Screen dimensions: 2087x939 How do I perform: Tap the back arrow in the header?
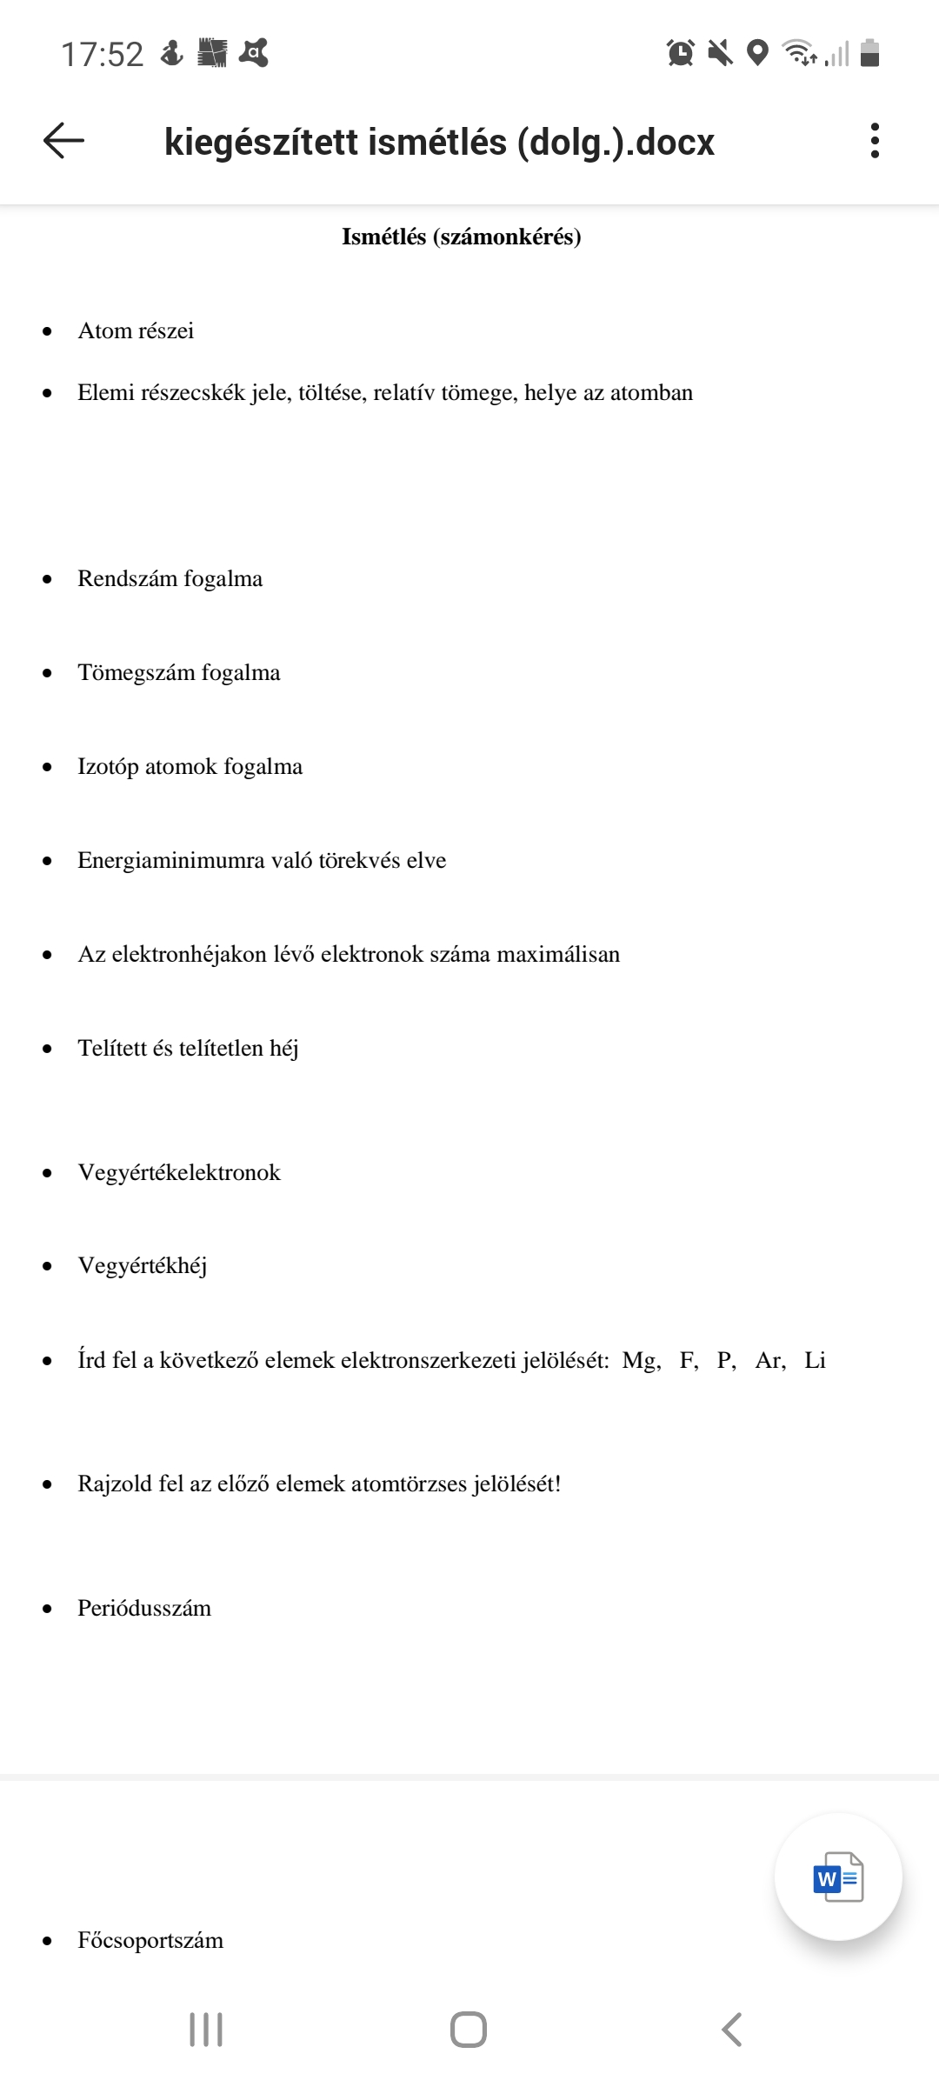(x=63, y=141)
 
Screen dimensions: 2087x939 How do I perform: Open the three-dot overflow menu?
(x=875, y=141)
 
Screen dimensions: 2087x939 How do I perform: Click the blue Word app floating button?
(x=838, y=1877)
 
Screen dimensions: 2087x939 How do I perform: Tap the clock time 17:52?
(x=102, y=55)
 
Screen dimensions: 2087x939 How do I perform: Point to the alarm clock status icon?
(x=681, y=53)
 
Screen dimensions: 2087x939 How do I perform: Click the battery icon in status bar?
(x=869, y=53)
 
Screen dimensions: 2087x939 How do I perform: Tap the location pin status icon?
(x=758, y=53)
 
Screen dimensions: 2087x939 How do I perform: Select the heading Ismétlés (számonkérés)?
(x=461, y=237)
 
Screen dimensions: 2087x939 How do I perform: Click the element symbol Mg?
(x=640, y=1360)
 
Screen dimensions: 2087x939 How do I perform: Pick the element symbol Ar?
(x=769, y=1360)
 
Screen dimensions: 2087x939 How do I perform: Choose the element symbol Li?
(x=815, y=1360)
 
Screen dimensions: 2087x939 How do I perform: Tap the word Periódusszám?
(x=144, y=1608)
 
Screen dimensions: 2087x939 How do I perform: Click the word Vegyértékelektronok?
(x=179, y=1172)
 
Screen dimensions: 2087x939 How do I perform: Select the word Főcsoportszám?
(x=150, y=1940)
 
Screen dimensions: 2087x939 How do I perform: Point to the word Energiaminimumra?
(x=170, y=860)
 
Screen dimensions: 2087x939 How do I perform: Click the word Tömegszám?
(x=137, y=672)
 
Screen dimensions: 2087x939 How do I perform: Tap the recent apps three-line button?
(x=206, y=2030)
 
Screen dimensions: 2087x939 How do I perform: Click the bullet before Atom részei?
(x=47, y=331)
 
